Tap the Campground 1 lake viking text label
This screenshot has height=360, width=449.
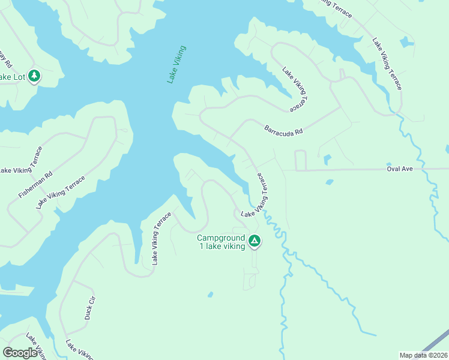[x=221, y=242]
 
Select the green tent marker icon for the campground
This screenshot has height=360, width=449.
[x=254, y=241]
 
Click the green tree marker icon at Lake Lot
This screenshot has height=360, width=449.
[x=35, y=76]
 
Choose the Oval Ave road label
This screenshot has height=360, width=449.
[x=400, y=169]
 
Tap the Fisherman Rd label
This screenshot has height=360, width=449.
[x=35, y=185]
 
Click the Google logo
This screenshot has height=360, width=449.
[x=20, y=353]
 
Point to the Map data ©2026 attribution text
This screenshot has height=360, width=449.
[x=423, y=355]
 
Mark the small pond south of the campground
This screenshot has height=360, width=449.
[x=209, y=295]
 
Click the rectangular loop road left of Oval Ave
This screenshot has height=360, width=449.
[x=301, y=160]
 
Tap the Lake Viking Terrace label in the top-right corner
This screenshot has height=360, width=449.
[x=387, y=64]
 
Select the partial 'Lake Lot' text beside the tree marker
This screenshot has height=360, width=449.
[x=12, y=77]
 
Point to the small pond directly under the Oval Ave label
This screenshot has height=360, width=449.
[x=329, y=182]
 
